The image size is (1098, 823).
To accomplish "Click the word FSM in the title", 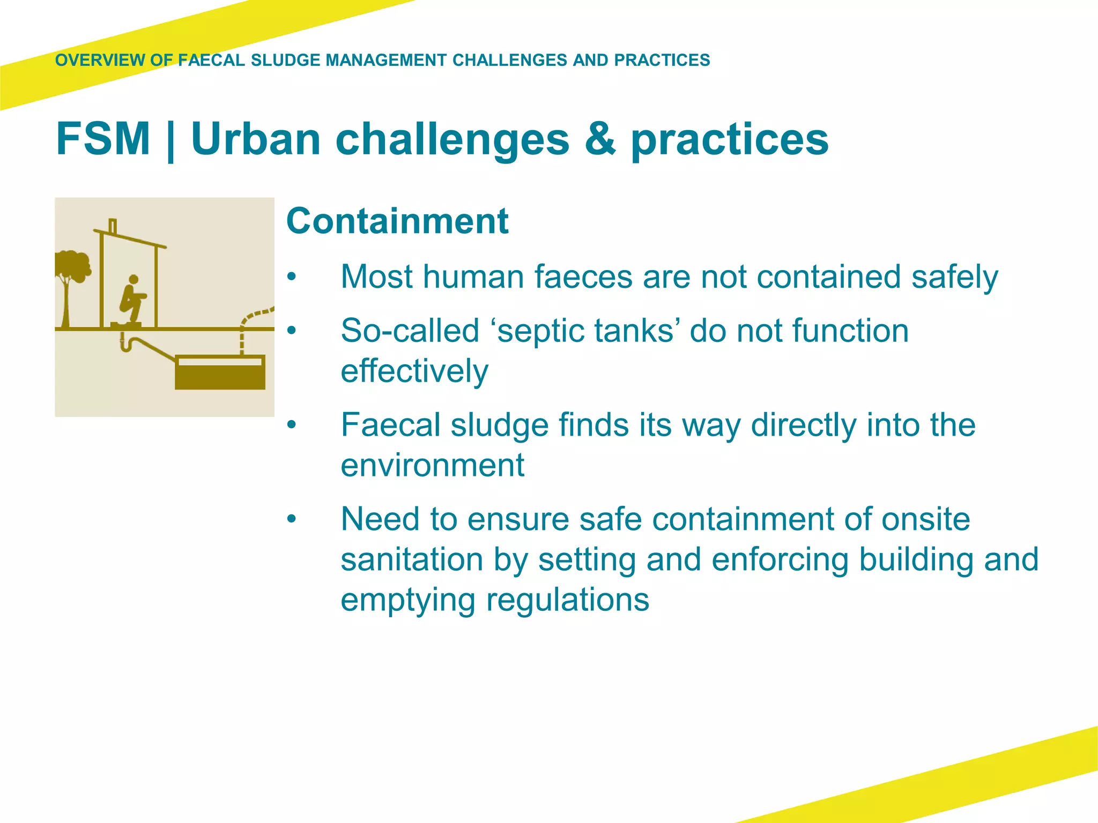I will [103, 139].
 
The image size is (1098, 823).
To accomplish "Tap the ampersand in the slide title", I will [600, 139].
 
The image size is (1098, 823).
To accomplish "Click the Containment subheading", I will [397, 221].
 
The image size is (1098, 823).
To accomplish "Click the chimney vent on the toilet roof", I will [113, 226].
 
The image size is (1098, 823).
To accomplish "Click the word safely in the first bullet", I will [954, 277].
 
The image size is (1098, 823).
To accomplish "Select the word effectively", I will [414, 371].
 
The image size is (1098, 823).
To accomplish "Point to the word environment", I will [432, 465].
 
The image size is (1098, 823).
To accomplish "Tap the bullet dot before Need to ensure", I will [291, 519].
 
